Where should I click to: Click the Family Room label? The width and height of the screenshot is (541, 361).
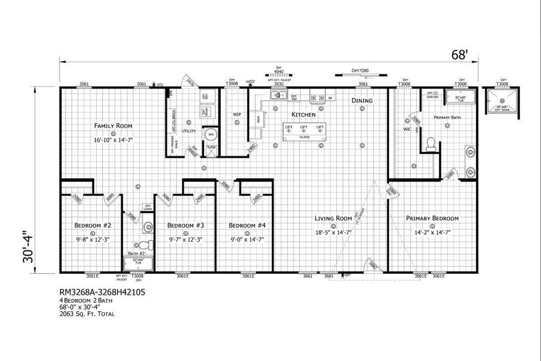pyautogui.click(x=113, y=126)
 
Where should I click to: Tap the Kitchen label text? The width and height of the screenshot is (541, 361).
pyautogui.click(x=303, y=114)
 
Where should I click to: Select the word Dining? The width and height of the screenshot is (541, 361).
pyautogui.click(x=362, y=100)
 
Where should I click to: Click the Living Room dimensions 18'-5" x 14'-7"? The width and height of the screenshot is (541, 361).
pyautogui.click(x=334, y=232)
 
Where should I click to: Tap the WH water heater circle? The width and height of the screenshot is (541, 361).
pyautogui.click(x=211, y=135)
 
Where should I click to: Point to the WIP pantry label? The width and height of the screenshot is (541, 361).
pyautogui.click(x=237, y=114)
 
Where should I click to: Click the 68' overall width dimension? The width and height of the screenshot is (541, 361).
pyautogui.click(x=459, y=55)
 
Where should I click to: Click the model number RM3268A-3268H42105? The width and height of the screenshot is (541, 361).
pyautogui.click(x=102, y=292)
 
